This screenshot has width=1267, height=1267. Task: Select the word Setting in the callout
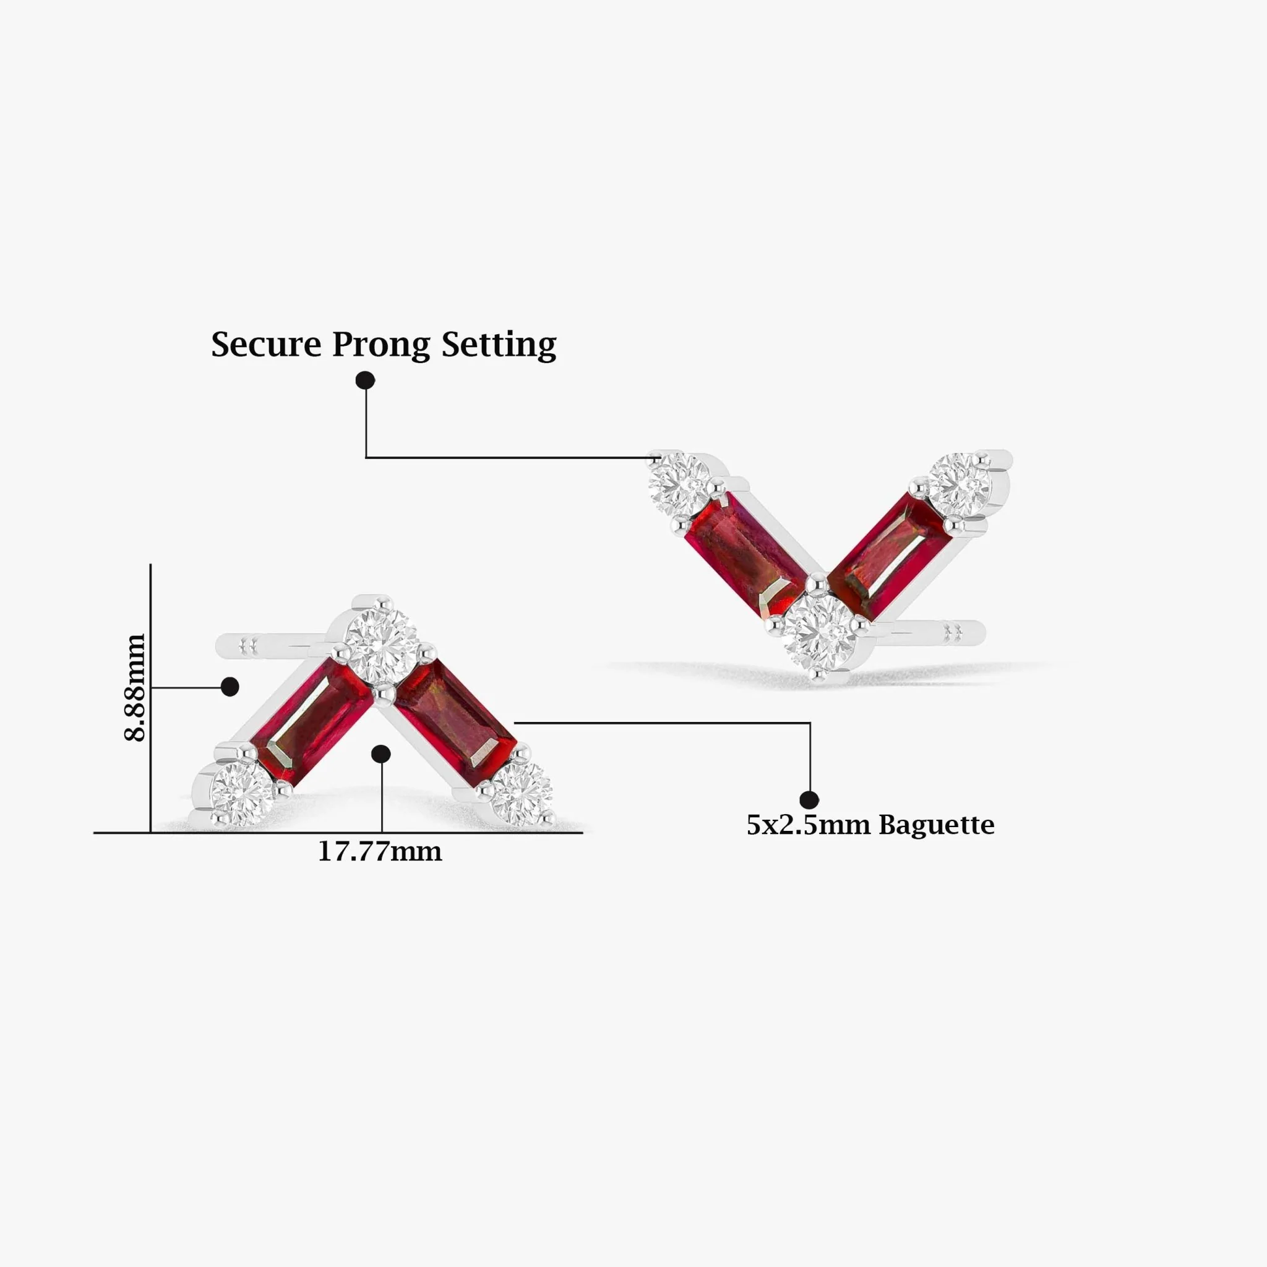click(499, 345)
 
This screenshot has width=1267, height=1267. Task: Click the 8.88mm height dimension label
click(135, 687)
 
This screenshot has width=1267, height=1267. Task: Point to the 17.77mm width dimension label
click(380, 852)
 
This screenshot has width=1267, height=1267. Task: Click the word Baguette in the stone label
click(937, 825)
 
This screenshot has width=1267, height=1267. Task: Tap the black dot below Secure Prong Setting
click(365, 380)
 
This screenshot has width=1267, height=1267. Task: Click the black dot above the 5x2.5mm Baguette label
click(809, 800)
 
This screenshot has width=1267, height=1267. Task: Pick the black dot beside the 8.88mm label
click(230, 687)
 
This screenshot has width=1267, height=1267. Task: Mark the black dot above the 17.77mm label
click(381, 754)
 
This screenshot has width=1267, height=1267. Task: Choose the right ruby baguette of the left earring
click(456, 723)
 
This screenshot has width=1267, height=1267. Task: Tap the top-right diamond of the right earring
click(959, 484)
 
